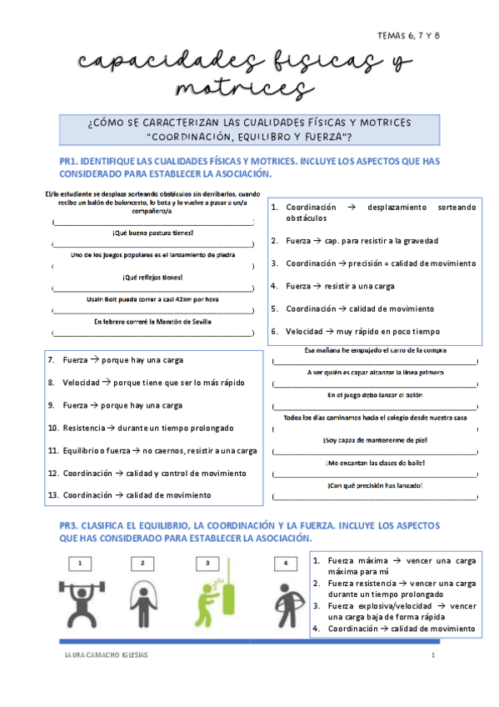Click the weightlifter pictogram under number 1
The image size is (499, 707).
coord(81,604)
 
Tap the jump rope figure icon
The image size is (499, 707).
coord(142,605)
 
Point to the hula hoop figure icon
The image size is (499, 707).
coord(285,605)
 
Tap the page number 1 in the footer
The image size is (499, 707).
coord(433,655)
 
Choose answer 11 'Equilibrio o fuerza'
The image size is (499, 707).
coord(158,450)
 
